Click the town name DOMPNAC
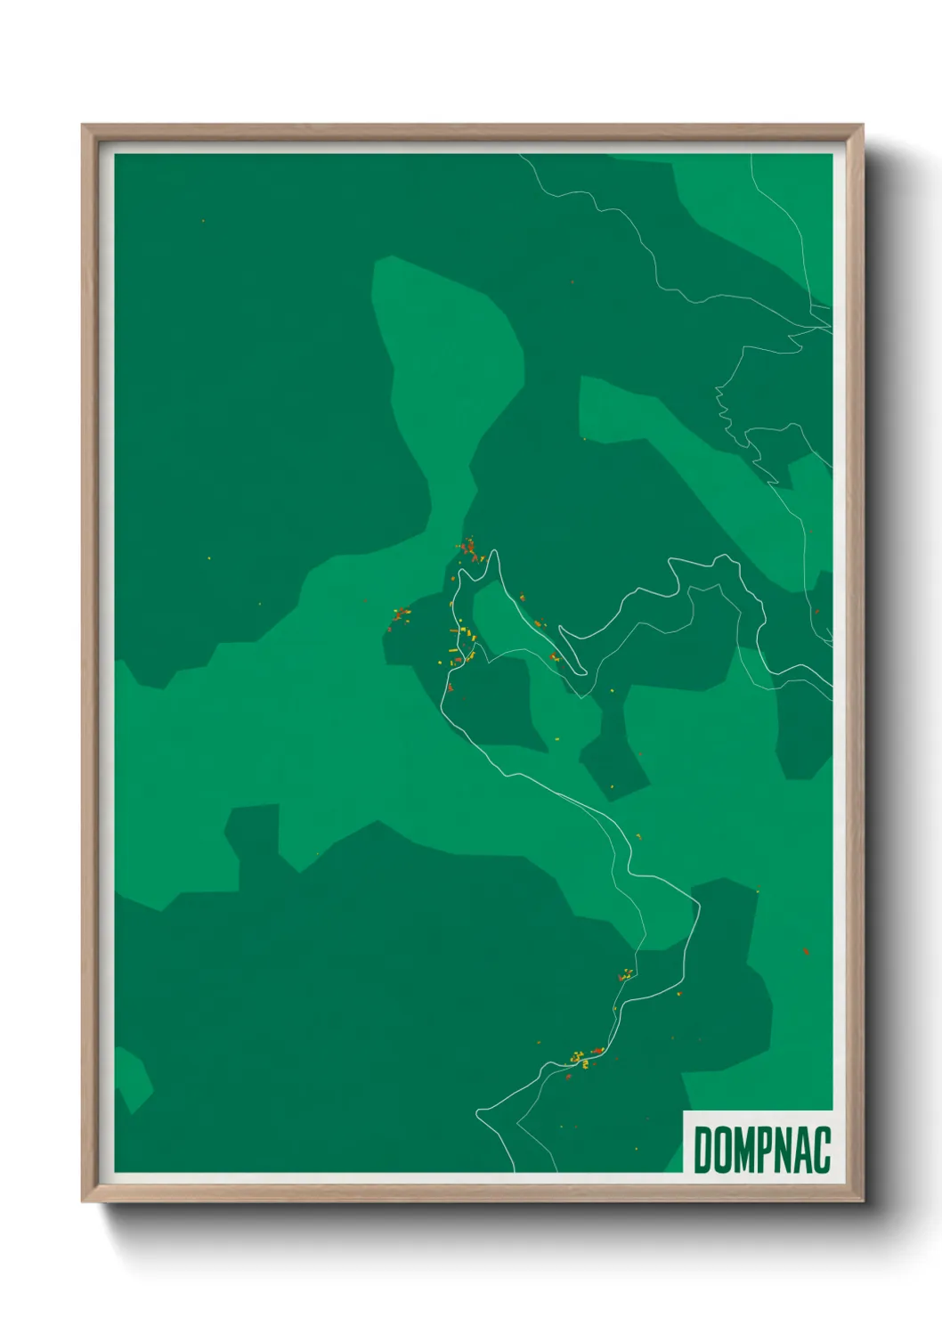[x=762, y=1150]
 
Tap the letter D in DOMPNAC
[x=702, y=1150]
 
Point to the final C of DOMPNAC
[x=822, y=1150]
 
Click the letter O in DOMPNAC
[x=723, y=1150]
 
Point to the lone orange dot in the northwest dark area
[x=203, y=221]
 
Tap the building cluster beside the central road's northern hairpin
[x=469, y=548]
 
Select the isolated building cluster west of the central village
[x=400, y=614]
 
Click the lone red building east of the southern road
[x=806, y=951]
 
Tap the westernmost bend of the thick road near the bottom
[x=478, y=1112]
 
